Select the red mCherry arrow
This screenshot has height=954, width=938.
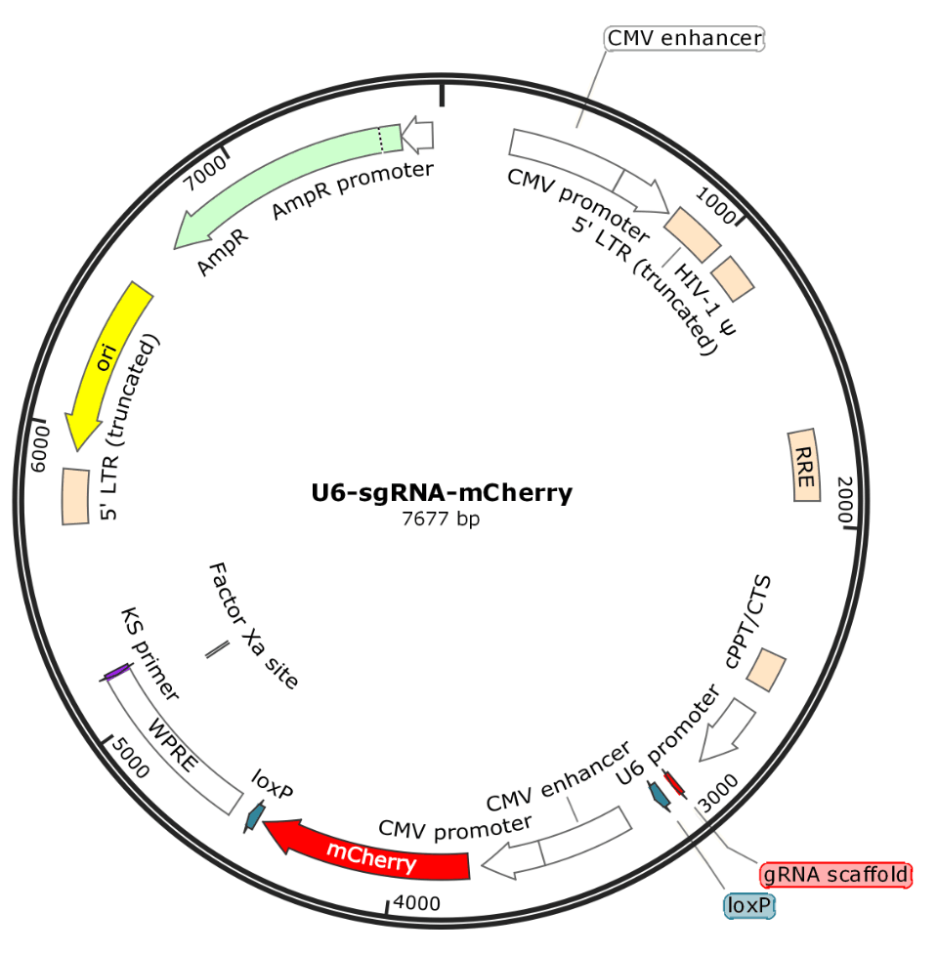click(x=371, y=854)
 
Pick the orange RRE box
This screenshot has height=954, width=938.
click(x=806, y=466)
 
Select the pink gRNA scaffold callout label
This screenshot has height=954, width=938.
click(x=835, y=873)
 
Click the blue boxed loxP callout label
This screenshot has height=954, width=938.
click(x=750, y=907)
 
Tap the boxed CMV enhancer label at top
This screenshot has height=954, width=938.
click(x=684, y=38)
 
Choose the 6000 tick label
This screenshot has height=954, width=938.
click(x=43, y=448)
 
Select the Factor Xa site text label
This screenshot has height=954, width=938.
click(x=252, y=626)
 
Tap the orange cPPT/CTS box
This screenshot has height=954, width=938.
click(x=767, y=671)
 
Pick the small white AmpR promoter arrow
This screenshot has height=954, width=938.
click(x=418, y=135)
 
